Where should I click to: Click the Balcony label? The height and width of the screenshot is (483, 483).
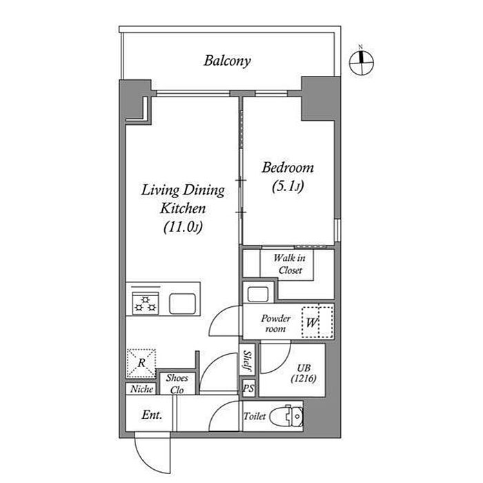click(227, 61)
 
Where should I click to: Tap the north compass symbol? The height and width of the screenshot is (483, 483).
click(361, 63)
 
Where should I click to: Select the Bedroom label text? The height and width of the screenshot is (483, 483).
click(288, 168)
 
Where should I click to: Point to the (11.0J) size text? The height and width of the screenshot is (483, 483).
click(183, 228)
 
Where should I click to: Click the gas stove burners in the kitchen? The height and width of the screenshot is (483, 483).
click(146, 304)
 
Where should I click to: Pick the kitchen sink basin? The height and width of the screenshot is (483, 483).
click(182, 304)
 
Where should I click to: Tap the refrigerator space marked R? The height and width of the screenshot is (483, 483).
click(141, 363)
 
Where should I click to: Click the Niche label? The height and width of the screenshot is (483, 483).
click(141, 389)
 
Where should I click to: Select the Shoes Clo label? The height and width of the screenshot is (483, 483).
click(177, 384)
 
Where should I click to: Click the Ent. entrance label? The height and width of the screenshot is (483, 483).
click(152, 415)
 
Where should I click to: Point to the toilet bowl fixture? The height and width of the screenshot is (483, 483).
click(287, 416)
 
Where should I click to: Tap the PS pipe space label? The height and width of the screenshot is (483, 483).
click(248, 388)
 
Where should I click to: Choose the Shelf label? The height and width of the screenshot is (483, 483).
click(247, 360)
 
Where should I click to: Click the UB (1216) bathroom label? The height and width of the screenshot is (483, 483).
click(304, 373)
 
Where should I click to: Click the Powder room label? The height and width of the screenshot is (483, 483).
click(275, 324)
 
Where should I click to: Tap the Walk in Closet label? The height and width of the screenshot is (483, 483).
click(290, 264)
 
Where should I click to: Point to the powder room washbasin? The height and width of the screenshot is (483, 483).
click(258, 294)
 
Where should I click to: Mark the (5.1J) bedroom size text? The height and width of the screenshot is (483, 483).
click(288, 186)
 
